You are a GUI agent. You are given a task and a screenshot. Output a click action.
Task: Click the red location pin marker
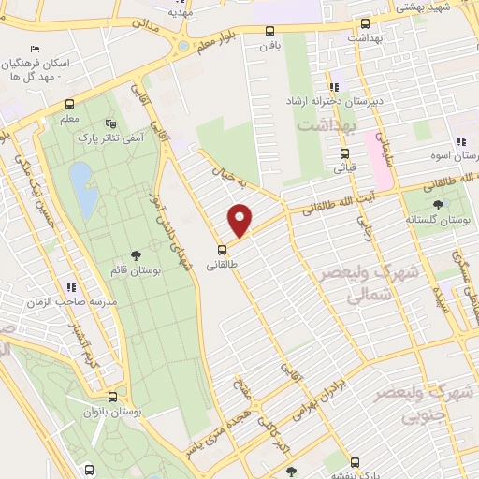pyautogui.click(x=241, y=221)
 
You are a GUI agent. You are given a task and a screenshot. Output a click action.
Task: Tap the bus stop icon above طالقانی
pyautogui.click(x=223, y=249)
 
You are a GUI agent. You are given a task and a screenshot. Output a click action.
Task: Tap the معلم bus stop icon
pyautogui.click(x=70, y=105)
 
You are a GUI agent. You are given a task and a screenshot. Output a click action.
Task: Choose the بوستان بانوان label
pyautogui.click(x=111, y=412)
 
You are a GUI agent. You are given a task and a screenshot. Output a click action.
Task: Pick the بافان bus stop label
pyautogui.click(x=270, y=44)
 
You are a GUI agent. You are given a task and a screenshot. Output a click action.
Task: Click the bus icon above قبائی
pyautogui.click(x=345, y=153)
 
